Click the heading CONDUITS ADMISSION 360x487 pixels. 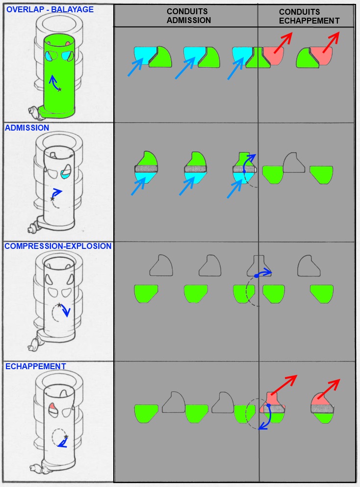click(189, 16)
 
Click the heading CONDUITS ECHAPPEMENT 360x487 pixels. click(309, 17)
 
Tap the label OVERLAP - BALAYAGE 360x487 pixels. click(50, 9)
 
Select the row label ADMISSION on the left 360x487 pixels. click(27, 128)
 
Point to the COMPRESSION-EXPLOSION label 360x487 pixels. click(58, 246)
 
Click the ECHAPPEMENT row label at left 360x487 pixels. click(36, 367)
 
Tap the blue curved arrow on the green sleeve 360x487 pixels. click(54, 82)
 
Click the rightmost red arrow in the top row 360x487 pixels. click(331, 42)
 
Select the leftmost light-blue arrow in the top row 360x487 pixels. click(135, 66)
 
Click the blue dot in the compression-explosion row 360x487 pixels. click(256, 276)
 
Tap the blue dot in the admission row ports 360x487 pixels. click(244, 171)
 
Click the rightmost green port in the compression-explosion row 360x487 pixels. click(322, 294)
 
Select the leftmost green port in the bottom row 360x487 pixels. click(146, 413)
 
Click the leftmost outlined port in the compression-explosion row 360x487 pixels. click(161, 266)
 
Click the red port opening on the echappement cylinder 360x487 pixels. click(52, 407)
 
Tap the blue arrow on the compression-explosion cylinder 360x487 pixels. click(65, 310)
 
